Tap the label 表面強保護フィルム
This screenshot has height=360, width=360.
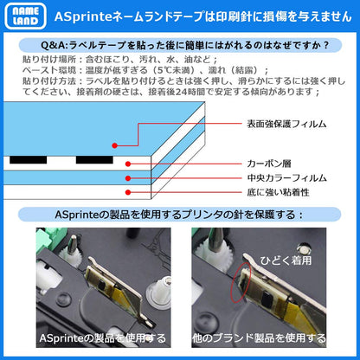tap(288, 125)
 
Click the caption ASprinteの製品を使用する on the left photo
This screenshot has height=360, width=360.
tap(89, 337)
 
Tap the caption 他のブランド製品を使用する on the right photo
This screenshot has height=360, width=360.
tap(267, 337)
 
